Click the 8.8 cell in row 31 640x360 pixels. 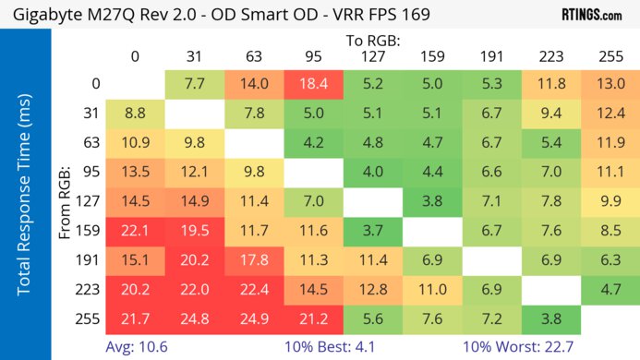(135, 114)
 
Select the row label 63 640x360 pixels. (91, 144)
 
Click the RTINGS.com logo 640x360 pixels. (591, 16)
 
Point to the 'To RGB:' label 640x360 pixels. (371, 40)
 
